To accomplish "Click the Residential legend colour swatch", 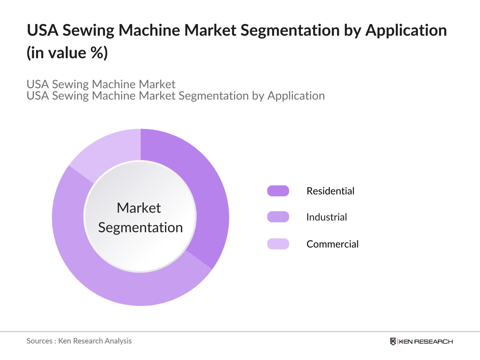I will [278, 191].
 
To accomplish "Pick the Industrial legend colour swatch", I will [278, 217].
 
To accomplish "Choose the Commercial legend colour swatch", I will [278, 244].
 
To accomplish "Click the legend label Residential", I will [330, 191].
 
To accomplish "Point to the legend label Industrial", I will [326, 217].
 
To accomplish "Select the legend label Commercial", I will [332, 244].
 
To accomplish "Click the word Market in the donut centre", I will [139, 208].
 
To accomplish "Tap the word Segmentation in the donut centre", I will [140, 228].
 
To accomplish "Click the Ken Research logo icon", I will [393, 341].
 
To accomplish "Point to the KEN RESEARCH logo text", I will [426, 341].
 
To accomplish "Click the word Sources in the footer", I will [39, 341].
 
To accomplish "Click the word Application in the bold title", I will [406, 31].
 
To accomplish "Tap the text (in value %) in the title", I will [67, 53].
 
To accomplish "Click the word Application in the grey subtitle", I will [296, 96].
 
